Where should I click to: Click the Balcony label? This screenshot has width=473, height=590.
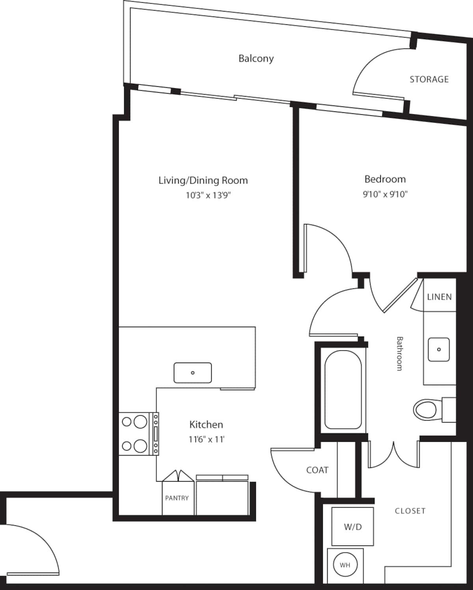[256, 58]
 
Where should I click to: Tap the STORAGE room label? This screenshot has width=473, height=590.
[429, 79]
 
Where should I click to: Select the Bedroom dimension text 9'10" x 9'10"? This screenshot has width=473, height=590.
[385, 194]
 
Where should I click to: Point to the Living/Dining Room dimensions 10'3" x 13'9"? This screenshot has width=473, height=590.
[208, 195]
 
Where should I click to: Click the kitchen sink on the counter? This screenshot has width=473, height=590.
[193, 373]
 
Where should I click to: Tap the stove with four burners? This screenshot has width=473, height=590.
[139, 434]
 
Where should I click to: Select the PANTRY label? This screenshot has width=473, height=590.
[177, 498]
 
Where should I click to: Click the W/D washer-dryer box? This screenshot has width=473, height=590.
[352, 527]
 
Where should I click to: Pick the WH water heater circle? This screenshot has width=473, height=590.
[345, 565]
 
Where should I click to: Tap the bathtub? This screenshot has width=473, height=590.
[343, 389]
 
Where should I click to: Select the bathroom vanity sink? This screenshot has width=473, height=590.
[438, 349]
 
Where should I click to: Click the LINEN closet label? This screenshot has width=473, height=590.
[439, 297]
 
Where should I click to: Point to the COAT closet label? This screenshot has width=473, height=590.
[317, 470]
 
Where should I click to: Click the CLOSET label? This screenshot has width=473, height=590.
[410, 511]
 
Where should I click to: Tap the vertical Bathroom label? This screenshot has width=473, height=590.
[399, 354]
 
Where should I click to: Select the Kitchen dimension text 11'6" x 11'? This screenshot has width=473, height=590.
[206, 439]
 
